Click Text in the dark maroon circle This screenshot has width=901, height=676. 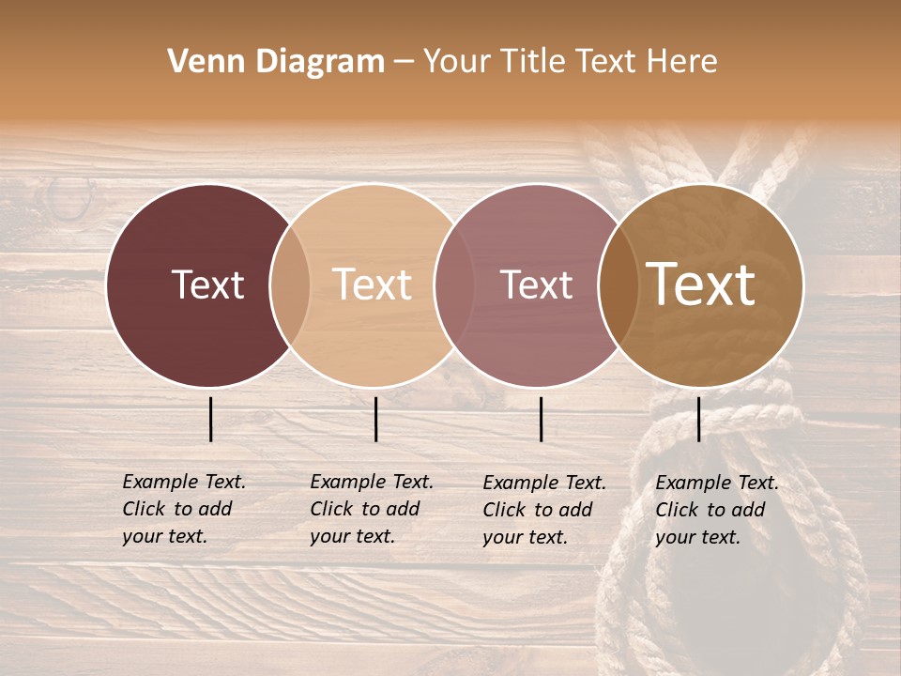coord(207,284)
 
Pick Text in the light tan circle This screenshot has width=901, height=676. coord(372,284)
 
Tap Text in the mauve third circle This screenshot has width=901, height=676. coord(536,284)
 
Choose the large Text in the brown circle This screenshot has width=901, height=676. coord(701,284)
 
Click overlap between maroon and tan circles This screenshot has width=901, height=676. coord(290,285)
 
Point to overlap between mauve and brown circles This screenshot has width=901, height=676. coord(618,285)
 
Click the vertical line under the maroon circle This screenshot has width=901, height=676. coord(211,419)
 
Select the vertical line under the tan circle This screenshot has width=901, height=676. coord(375,419)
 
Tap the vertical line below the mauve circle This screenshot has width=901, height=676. coord(542,419)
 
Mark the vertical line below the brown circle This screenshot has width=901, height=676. coord(699,419)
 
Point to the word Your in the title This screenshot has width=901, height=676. coord(456,62)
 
